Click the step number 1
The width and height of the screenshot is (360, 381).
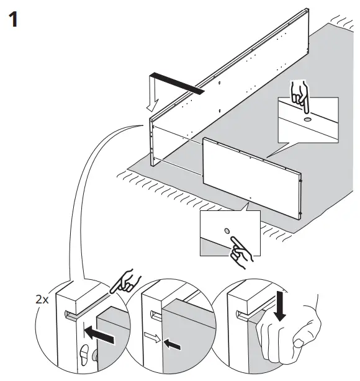pos(12,19)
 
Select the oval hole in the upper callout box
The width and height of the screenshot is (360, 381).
pos(307,118)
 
